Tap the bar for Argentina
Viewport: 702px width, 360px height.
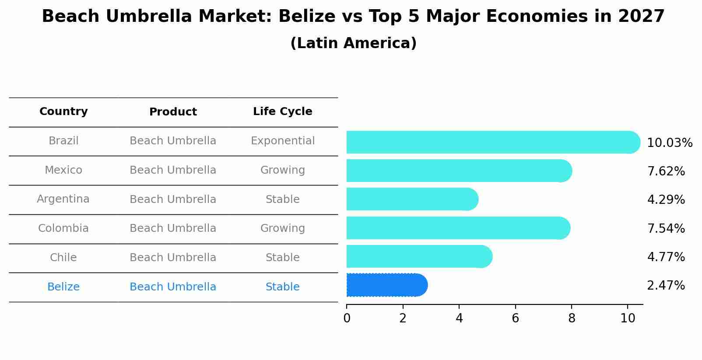[411, 199]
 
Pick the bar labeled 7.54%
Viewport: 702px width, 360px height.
[457, 228]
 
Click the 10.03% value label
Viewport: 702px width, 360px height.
[669, 143]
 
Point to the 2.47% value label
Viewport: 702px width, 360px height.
[666, 286]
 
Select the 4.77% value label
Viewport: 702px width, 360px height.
[666, 257]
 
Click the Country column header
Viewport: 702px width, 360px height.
[63, 112]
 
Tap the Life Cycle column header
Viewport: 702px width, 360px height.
[282, 112]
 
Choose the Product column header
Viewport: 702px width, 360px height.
[173, 112]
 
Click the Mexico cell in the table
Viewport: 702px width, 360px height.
[63, 170]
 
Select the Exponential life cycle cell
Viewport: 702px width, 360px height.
[282, 141]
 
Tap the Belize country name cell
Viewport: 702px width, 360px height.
[63, 287]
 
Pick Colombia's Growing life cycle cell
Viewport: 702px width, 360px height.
[282, 228]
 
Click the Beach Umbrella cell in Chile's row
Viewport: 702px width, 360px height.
[173, 258]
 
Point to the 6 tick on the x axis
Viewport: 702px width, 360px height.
[515, 318]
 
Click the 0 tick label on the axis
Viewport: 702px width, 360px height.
[347, 318]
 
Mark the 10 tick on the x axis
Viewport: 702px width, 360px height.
[628, 318]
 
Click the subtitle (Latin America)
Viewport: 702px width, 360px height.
[353, 43]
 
